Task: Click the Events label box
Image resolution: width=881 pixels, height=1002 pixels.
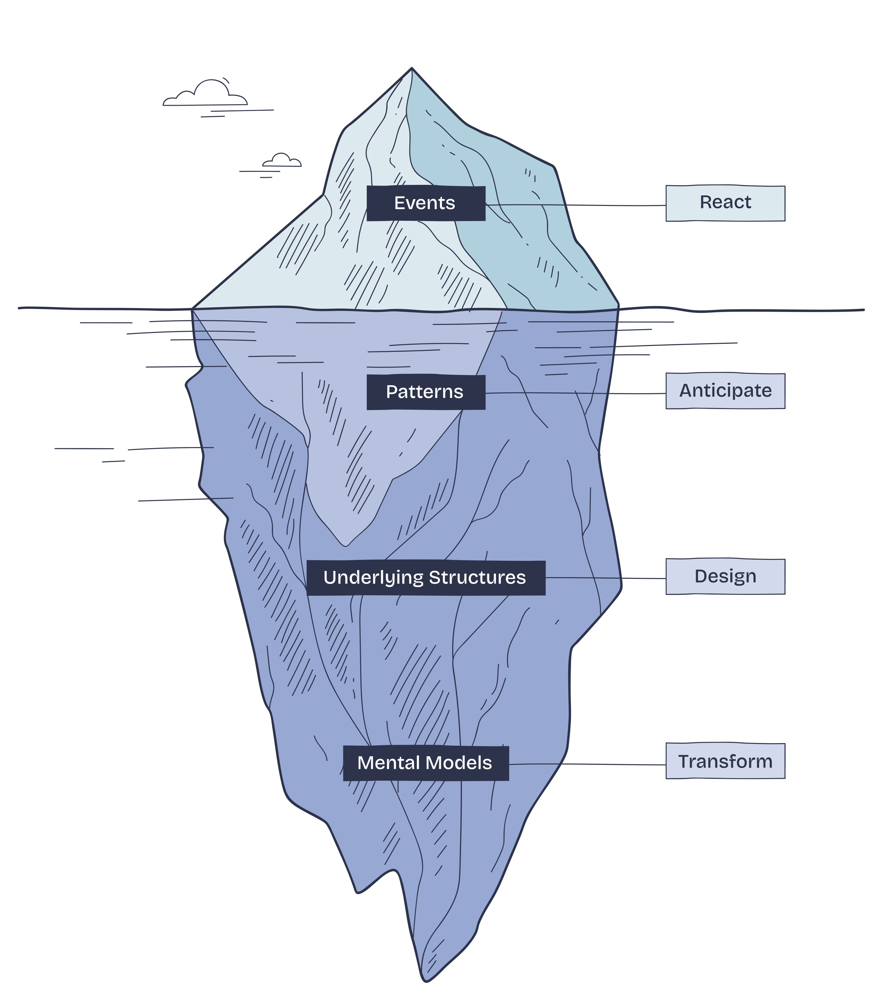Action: pyautogui.click(x=426, y=203)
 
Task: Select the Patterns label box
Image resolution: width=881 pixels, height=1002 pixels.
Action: pyautogui.click(x=426, y=392)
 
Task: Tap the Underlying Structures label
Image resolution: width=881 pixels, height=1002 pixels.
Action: pyautogui.click(x=426, y=578)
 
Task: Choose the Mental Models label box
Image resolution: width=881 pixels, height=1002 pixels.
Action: pyautogui.click(x=426, y=763)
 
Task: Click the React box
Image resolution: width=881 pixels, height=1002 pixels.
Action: pyautogui.click(x=725, y=203)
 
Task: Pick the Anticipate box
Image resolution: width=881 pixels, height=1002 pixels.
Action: pyautogui.click(x=725, y=391)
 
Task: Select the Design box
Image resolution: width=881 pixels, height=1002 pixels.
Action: pyautogui.click(x=725, y=577)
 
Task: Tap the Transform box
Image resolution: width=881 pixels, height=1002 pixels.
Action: pyautogui.click(x=725, y=761)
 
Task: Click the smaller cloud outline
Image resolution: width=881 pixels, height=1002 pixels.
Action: pyautogui.click(x=282, y=161)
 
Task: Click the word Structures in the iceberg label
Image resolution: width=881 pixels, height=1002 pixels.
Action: pyautogui.click(x=477, y=578)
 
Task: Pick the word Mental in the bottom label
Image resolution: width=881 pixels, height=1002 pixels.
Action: pyautogui.click(x=390, y=763)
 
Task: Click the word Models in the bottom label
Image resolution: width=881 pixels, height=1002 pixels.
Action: pyautogui.click(x=460, y=763)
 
